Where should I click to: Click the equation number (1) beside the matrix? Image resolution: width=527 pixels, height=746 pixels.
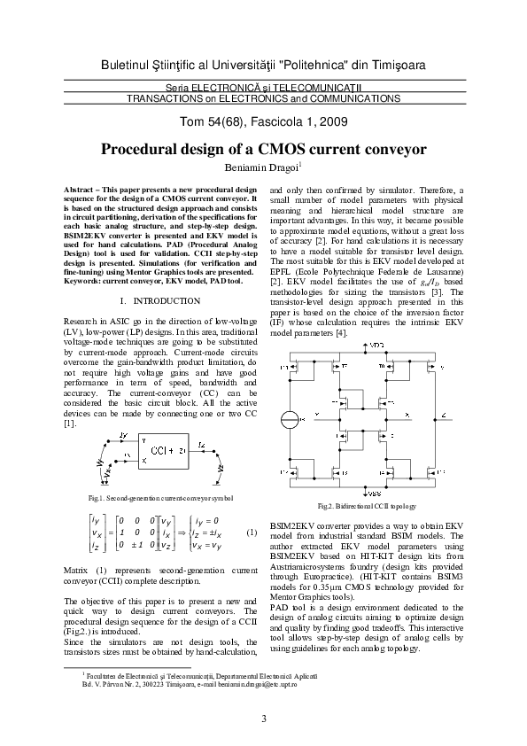click(x=251, y=532)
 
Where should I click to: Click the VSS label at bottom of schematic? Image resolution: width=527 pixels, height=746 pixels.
click(x=376, y=493)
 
